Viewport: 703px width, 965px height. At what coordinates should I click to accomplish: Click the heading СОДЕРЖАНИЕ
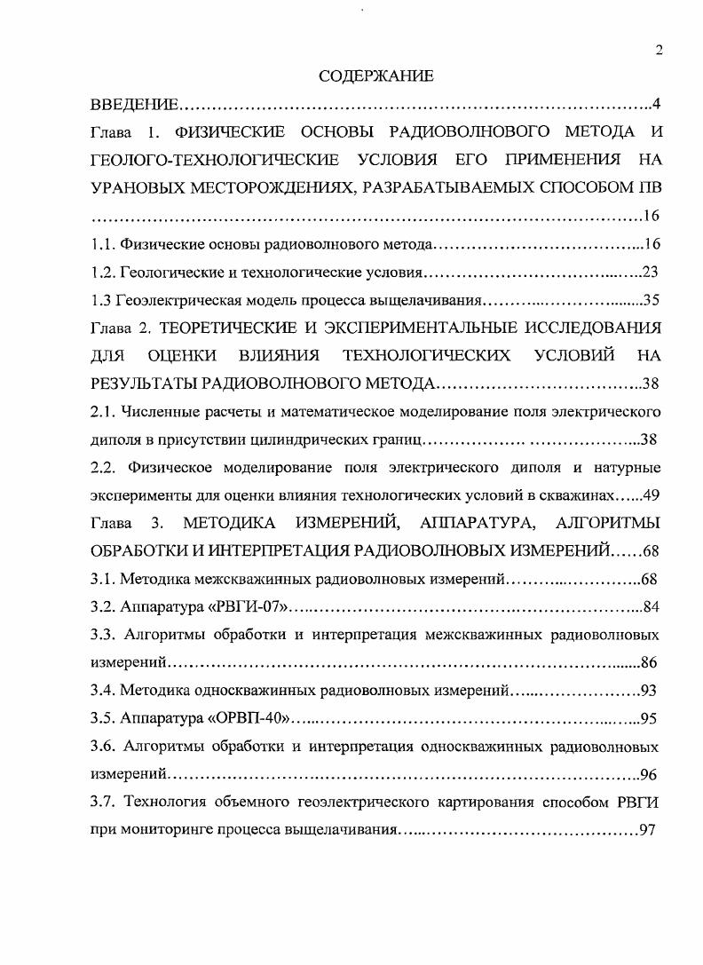(x=376, y=77)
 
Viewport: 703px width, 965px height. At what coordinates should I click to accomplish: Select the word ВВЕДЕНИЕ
(x=135, y=106)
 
